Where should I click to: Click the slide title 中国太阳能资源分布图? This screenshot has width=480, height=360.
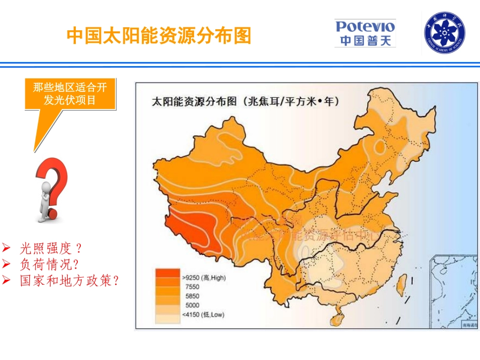point(159,35)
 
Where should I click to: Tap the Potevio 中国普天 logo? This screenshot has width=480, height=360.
point(365,33)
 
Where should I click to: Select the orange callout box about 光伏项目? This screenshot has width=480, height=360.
point(70,94)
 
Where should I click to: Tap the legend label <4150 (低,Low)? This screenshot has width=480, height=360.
point(203,315)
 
